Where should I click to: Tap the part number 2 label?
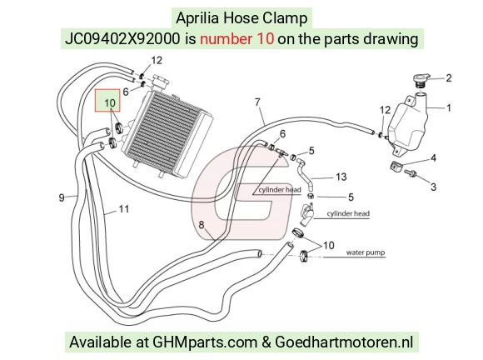[449, 78]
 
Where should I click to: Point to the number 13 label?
[341, 177]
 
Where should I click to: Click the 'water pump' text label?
[366, 252]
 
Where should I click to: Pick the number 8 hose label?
[202, 225]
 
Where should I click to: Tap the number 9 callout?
[62, 197]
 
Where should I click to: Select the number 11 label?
[124, 209]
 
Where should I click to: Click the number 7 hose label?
[257, 102]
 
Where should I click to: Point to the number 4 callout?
[433, 157]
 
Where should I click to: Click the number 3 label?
[433, 187]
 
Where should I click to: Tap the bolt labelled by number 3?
[410, 173]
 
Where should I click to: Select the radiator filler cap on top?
[160, 82]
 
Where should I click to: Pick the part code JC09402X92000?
[122, 39]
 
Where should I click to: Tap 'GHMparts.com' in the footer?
[205, 342]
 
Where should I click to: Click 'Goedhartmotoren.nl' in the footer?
[344, 342]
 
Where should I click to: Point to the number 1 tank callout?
[449, 107]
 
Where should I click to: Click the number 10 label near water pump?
[328, 245]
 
